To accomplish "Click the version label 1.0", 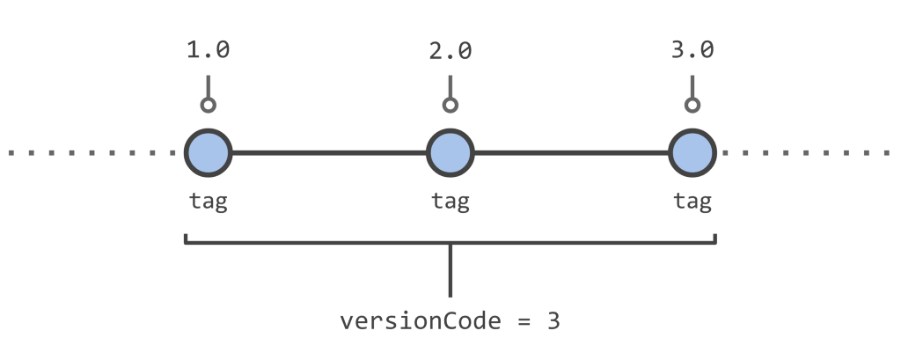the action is (x=208, y=50).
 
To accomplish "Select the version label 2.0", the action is (x=450, y=50).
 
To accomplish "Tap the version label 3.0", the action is (x=692, y=50).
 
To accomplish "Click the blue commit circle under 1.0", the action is (x=208, y=152).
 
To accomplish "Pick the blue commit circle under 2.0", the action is (x=450, y=152).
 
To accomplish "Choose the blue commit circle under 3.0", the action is (x=692, y=152).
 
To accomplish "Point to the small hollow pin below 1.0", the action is (x=208, y=106).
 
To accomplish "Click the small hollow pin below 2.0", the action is (x=450, y=106).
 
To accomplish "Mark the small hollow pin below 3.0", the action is (x=692, y=106).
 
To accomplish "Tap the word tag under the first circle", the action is (x=208, y=202).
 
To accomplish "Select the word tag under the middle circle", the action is (x=450, y=202).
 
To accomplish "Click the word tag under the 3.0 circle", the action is (x=692, y=202).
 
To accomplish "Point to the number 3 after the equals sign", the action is (x=553, y=321).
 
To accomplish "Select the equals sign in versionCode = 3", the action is (x=524, y=321).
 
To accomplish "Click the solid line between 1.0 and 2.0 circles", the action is (x=329, y=153).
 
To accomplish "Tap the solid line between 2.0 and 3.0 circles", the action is (x=572, y=153).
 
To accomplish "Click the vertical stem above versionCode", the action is (x=450, y=270).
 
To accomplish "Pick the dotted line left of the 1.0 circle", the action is (x=92, y=153).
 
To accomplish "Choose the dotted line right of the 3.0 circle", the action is (x=806, y=153).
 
